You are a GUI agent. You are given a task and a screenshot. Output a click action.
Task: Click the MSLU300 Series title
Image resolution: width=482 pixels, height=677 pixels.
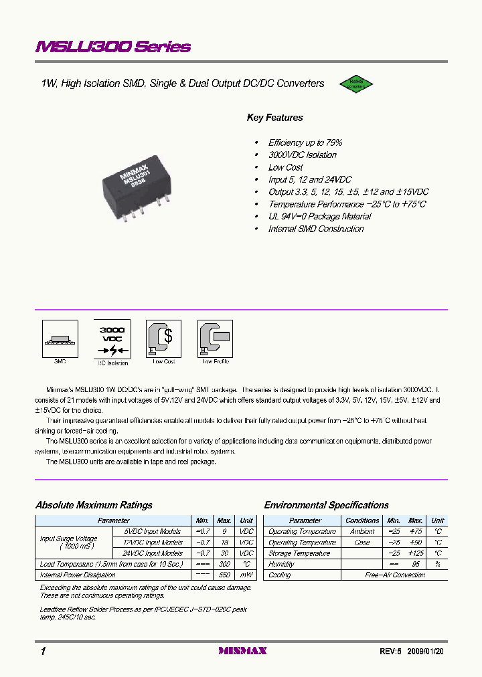(x=113, y=47)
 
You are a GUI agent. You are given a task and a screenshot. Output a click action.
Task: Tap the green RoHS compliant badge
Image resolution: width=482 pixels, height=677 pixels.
(x=353, y=84)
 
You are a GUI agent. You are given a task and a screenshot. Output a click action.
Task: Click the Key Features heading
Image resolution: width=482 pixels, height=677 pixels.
(x=274, y=118)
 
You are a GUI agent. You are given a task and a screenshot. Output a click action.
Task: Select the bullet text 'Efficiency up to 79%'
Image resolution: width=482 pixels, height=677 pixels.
(x=305, y=142)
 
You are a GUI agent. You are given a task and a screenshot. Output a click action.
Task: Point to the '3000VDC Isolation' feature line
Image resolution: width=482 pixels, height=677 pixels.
(x=303, y=155)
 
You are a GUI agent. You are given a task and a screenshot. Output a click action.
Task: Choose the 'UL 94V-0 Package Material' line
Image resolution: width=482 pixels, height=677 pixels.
(x=319, y=217)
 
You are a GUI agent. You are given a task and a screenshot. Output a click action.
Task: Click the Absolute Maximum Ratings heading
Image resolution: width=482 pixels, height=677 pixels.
(x=94, y=505)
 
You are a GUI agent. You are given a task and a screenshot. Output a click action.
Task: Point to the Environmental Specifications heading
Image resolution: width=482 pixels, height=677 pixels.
(x=326, y=505)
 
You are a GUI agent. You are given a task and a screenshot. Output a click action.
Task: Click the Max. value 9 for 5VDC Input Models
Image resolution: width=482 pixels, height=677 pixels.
(x=224, y=531)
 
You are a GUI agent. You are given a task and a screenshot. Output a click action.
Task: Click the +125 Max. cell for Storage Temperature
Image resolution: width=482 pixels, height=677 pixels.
(x=416, y=553)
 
